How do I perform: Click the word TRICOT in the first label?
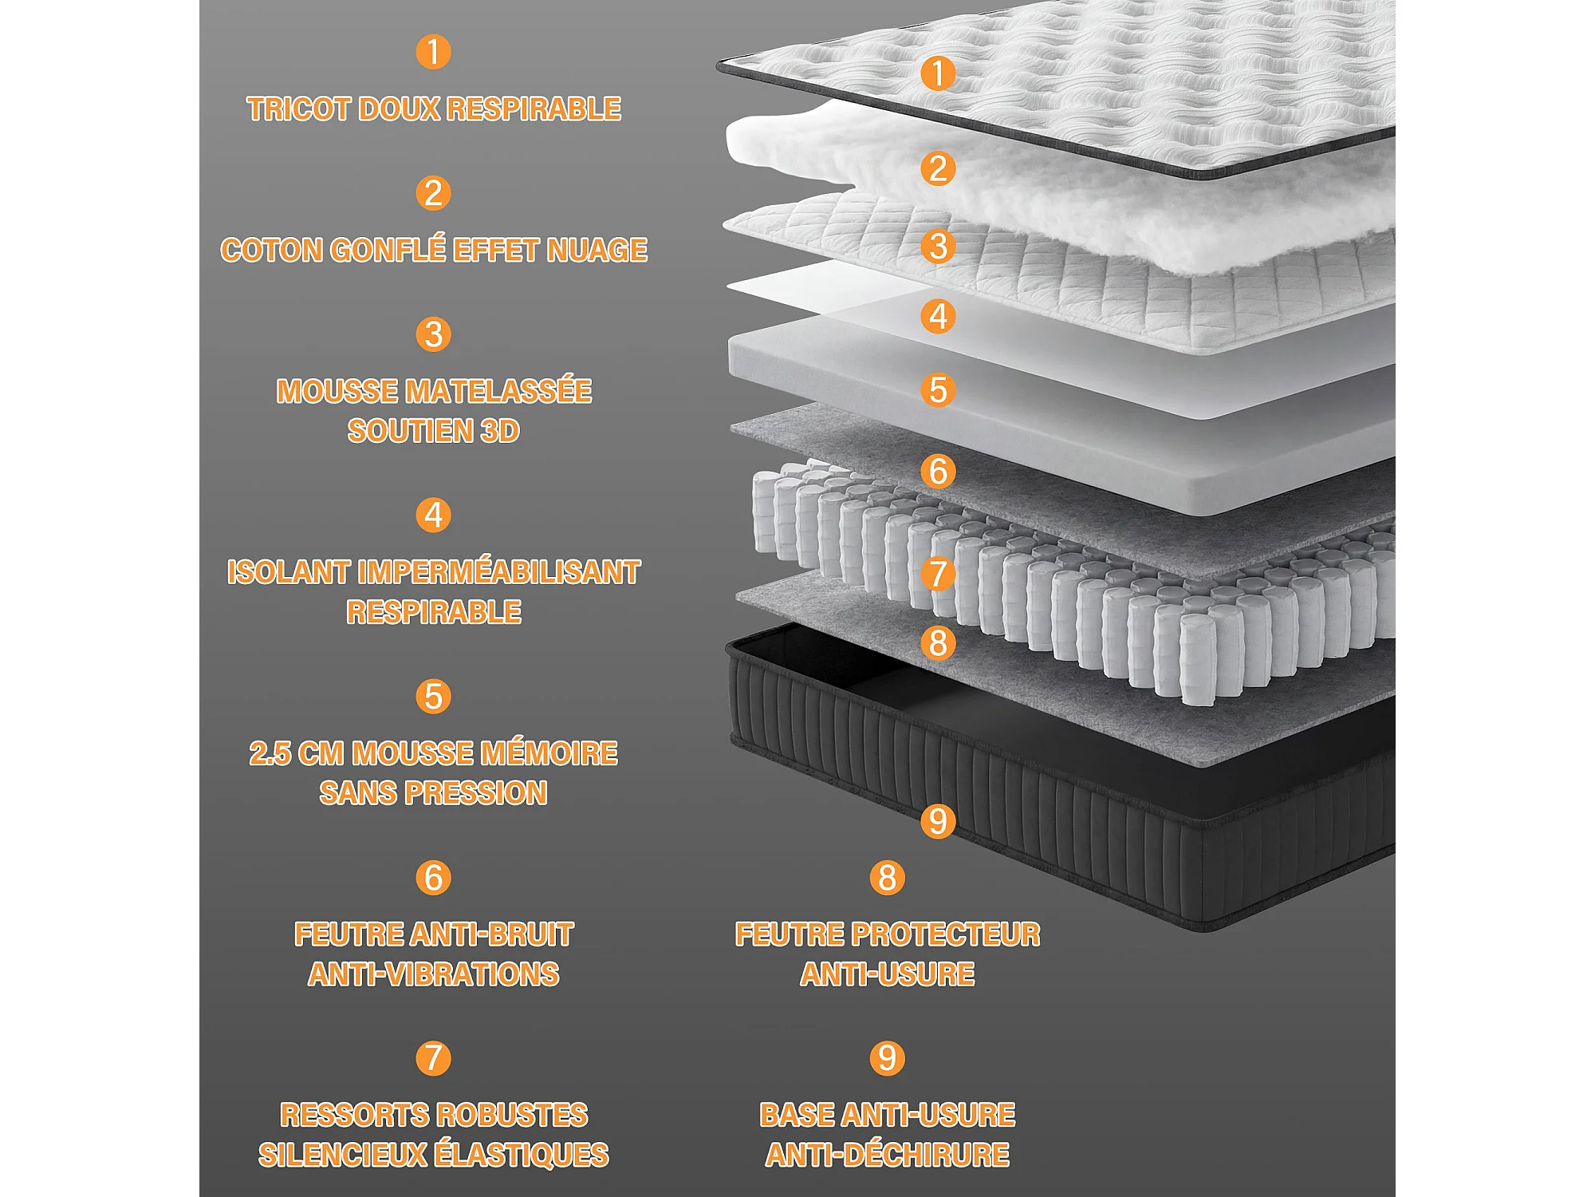click(x=298, y=109)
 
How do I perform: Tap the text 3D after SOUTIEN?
click(x=500, y=432)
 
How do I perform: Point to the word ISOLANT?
click(x=289, y=572)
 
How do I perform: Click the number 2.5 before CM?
click(x=270, y=753)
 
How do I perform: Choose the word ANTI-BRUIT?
click(x=502, y=934)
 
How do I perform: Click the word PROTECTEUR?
click(x=955, y=934)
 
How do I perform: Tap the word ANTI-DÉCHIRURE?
click(x=888, y=1156)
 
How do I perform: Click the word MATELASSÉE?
click(x=499, y=391)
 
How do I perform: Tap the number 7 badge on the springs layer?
click(x=938, y=574)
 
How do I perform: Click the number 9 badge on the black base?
click(x=938, y=821)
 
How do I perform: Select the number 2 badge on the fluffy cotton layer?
click(x=938, y=168)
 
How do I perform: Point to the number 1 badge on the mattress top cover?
click(x=938, y=73)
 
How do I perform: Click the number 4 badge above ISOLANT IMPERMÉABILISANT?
click(x=433, y=516)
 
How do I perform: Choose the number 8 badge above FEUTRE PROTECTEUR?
click(x=887, y=878)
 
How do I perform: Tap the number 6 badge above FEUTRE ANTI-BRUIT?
click(x=433, y=878)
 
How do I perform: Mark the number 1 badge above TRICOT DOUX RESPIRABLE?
click(x=433, y=52)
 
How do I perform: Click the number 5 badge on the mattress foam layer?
click(x=938, y=390)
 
